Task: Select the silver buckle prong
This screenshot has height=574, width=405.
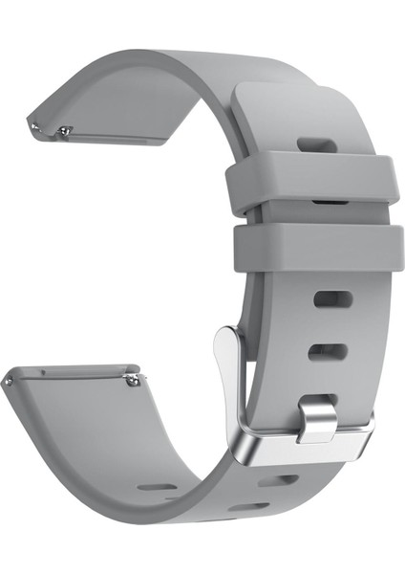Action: click(x=316, y=421)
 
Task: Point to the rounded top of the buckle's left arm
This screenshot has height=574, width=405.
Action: click(x=227, y=334)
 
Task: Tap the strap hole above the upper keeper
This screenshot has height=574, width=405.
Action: click(x=316, y=145)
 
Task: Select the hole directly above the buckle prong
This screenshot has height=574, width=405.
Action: click(x=327, y=352)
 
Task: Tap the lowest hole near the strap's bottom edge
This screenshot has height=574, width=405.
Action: click(x=249, y=506)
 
